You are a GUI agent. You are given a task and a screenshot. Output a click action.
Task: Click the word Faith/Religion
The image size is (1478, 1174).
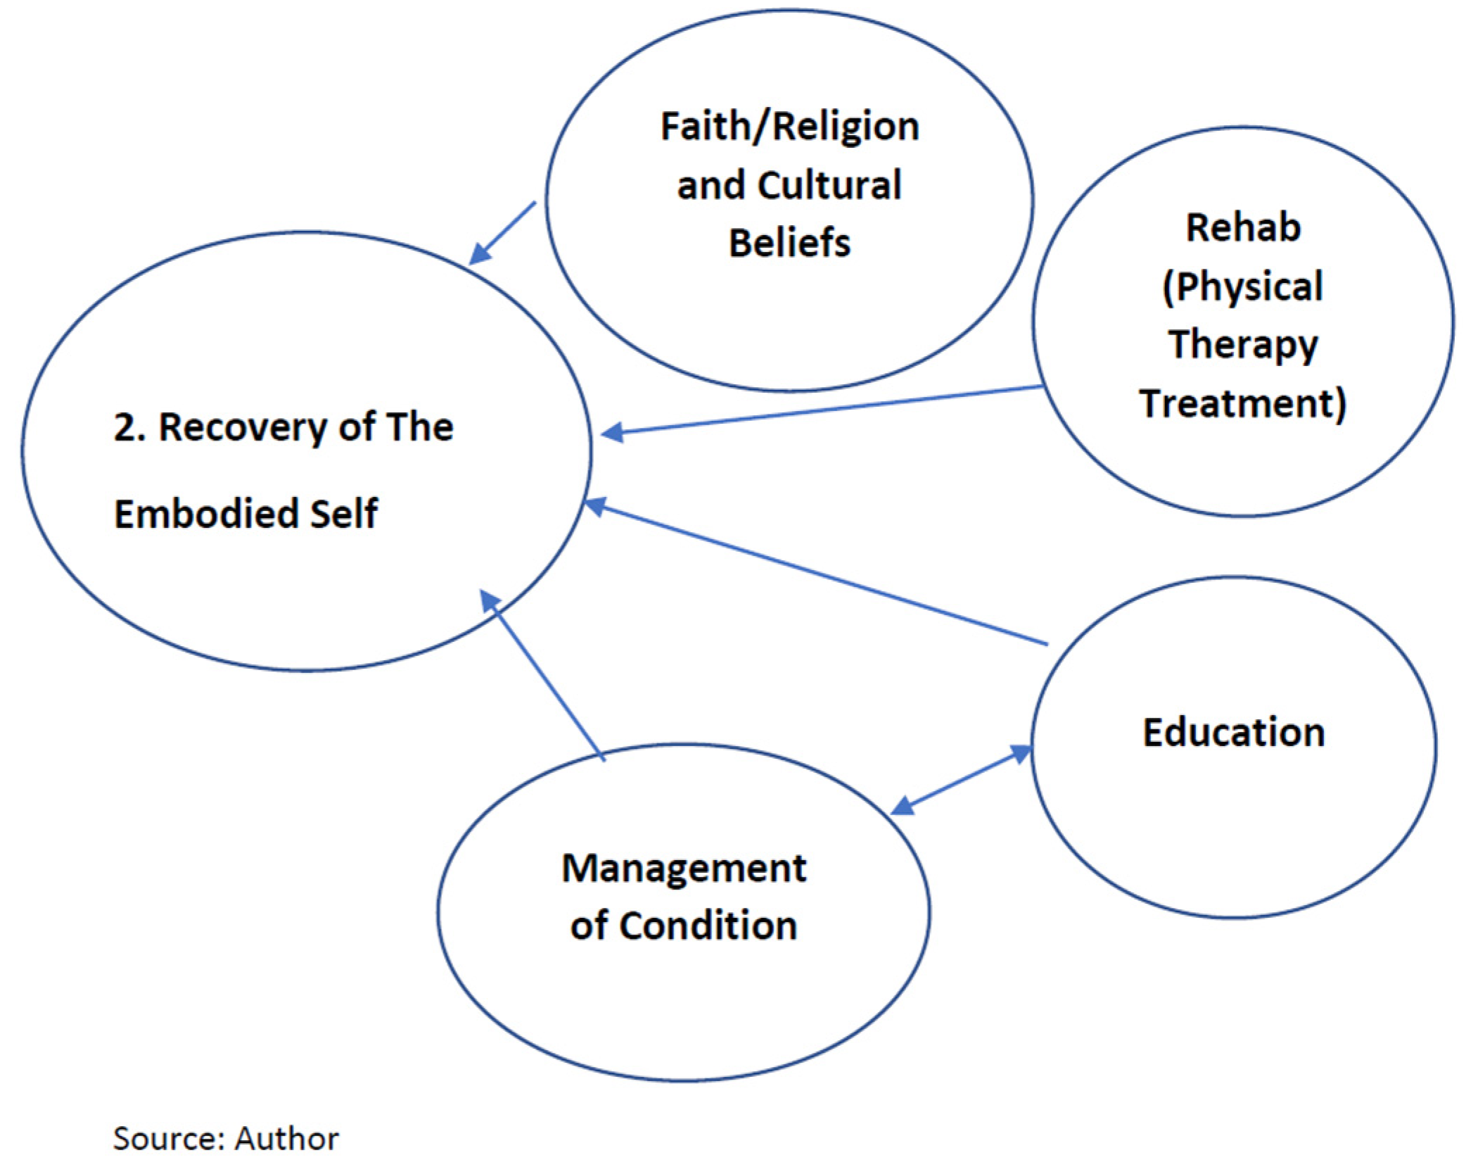click(x=789, y=127)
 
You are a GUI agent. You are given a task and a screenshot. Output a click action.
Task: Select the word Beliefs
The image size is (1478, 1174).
click(x=789, y=243)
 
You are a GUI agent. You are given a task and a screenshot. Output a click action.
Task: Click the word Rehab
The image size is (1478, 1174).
click(x=1243, y=227)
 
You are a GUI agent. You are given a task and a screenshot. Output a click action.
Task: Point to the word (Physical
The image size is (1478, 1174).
click(x=1243, y=286)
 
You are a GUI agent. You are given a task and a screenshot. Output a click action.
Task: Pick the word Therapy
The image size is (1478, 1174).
click(x=1243, y=345)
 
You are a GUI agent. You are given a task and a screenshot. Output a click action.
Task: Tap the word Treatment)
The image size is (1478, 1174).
click(x=1243, y=403)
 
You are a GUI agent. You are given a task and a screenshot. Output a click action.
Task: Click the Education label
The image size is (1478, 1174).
click(x=1233, y=732)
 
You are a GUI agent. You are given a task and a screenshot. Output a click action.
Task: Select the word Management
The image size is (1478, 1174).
click(x=684, y=868)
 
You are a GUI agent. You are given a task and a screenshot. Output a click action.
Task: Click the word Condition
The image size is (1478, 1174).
click(x=708, y=926)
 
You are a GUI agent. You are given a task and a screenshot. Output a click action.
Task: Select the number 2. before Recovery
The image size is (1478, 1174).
click(x=129, y=427)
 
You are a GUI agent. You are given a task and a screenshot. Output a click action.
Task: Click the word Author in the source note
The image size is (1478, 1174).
click(x=287, y=1139)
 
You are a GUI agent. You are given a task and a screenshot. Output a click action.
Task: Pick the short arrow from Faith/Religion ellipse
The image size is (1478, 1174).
click(x=502, y=233)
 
